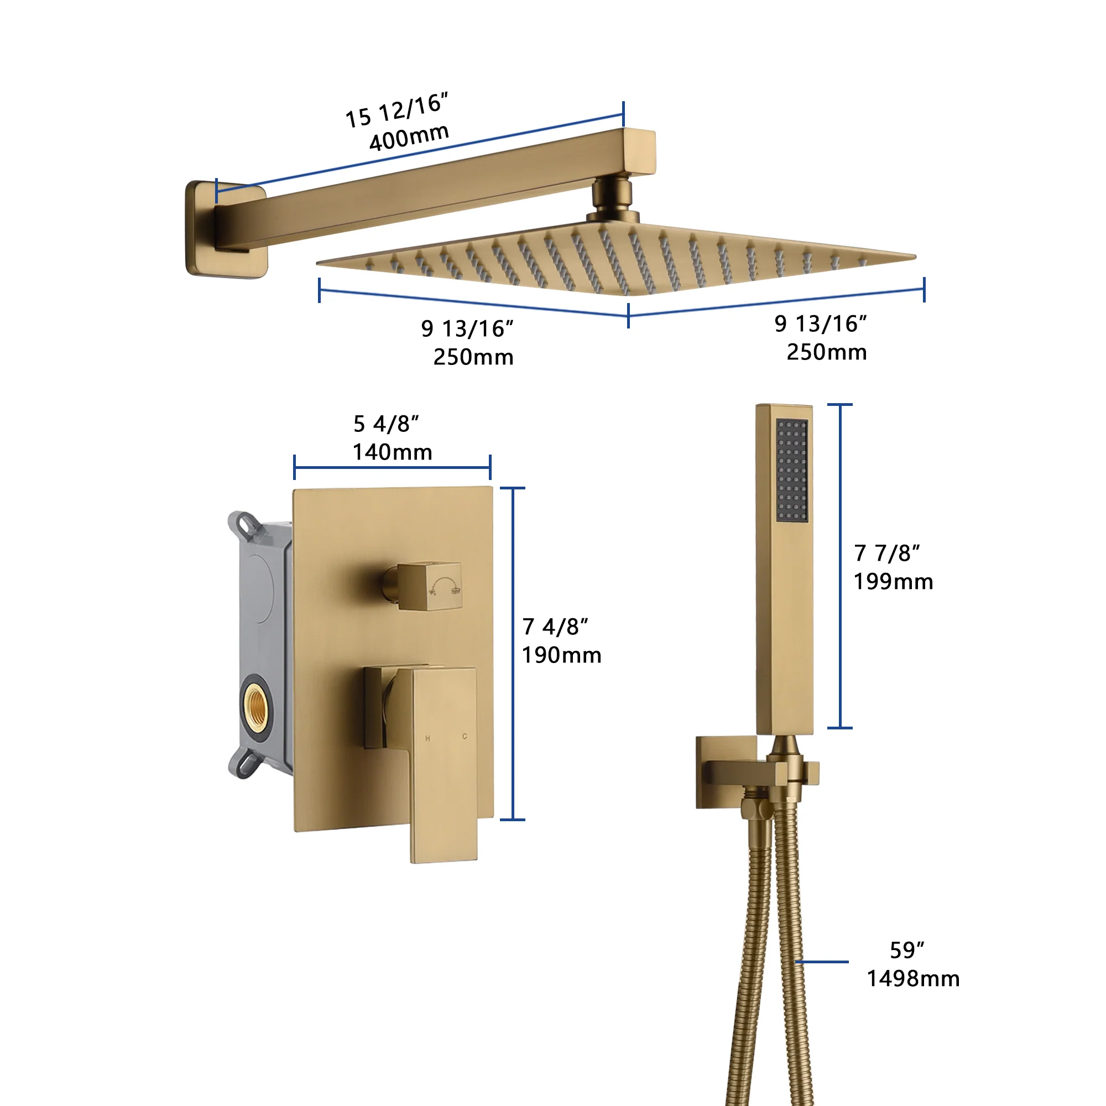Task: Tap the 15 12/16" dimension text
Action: click(x=396, y=110)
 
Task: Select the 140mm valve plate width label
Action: click(x=392, y=452)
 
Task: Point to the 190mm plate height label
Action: click(x=561, y=655)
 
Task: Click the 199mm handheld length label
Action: click(x=893, y=582)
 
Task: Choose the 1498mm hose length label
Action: click(x=913, y=978)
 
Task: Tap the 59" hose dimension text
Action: click(x=907, y=950)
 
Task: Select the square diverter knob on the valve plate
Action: click(x=429, y=585)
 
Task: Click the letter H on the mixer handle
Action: click(x=427, y=738)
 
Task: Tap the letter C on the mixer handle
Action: click(x=465, y=736)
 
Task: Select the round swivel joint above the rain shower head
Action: click(x=612, y=197)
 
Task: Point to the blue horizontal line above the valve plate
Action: click(x=392, y=467)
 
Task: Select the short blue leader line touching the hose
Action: click(x=822, y=962)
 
